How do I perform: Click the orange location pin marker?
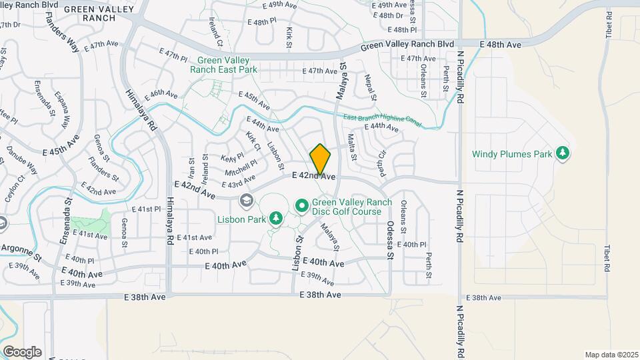click(321, 159)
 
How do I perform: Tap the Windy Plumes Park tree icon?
click(563, 153)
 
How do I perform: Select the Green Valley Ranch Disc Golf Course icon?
click(301, 206)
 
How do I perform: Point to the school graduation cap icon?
click(246, 200)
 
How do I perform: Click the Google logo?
click(22, 351)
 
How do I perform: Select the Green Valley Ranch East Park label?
click(223, 64)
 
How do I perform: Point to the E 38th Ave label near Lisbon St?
click(321, 295)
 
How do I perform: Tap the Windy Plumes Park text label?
click(512, 154)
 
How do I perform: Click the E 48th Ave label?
click(501, 44)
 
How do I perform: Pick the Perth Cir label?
click(383, 163)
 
